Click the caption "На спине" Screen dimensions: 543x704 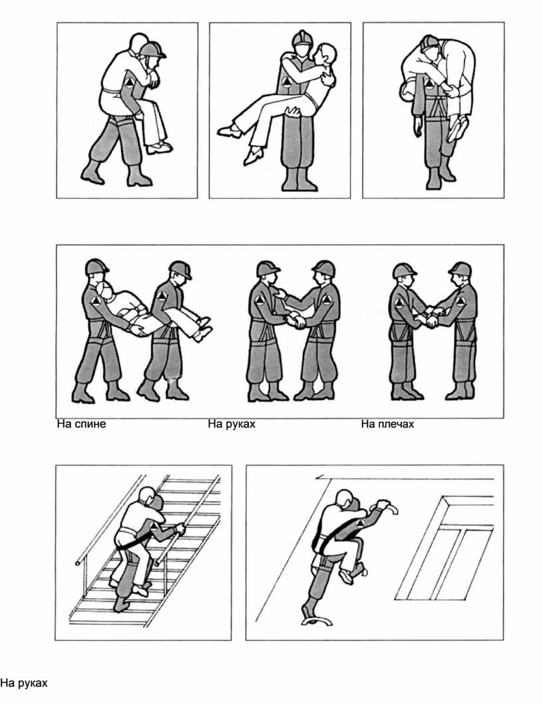pyautogui.click(x=81, y=425)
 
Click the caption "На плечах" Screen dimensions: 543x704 pyautogui.click(x=387, y=425)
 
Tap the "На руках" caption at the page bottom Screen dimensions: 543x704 pyautogui.click(x=24, y=683)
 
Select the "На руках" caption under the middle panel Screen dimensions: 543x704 pyautogui.click(x=232, y=425)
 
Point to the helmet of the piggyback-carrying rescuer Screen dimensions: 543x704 pyautogui.click(x=152, y=49)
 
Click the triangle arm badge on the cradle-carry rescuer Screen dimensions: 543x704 pyautogui.click(x=286, y=82)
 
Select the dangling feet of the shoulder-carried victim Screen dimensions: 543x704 pyautogui.click(x=456, y=127)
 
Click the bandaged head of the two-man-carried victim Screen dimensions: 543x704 pyautogui.click(x=105, y=292)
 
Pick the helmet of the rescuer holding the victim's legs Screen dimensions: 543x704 pyautogui.click(x=180, y=269)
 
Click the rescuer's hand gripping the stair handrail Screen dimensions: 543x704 pyautogui.click(x=180, y=529)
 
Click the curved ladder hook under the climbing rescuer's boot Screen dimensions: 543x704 pyautogui.click(x=317, y=621)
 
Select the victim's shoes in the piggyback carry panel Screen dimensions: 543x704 pyautogui.click(x=158, y=148)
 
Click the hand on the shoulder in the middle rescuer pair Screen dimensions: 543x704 pyautogui.click(x=282, y=295)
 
